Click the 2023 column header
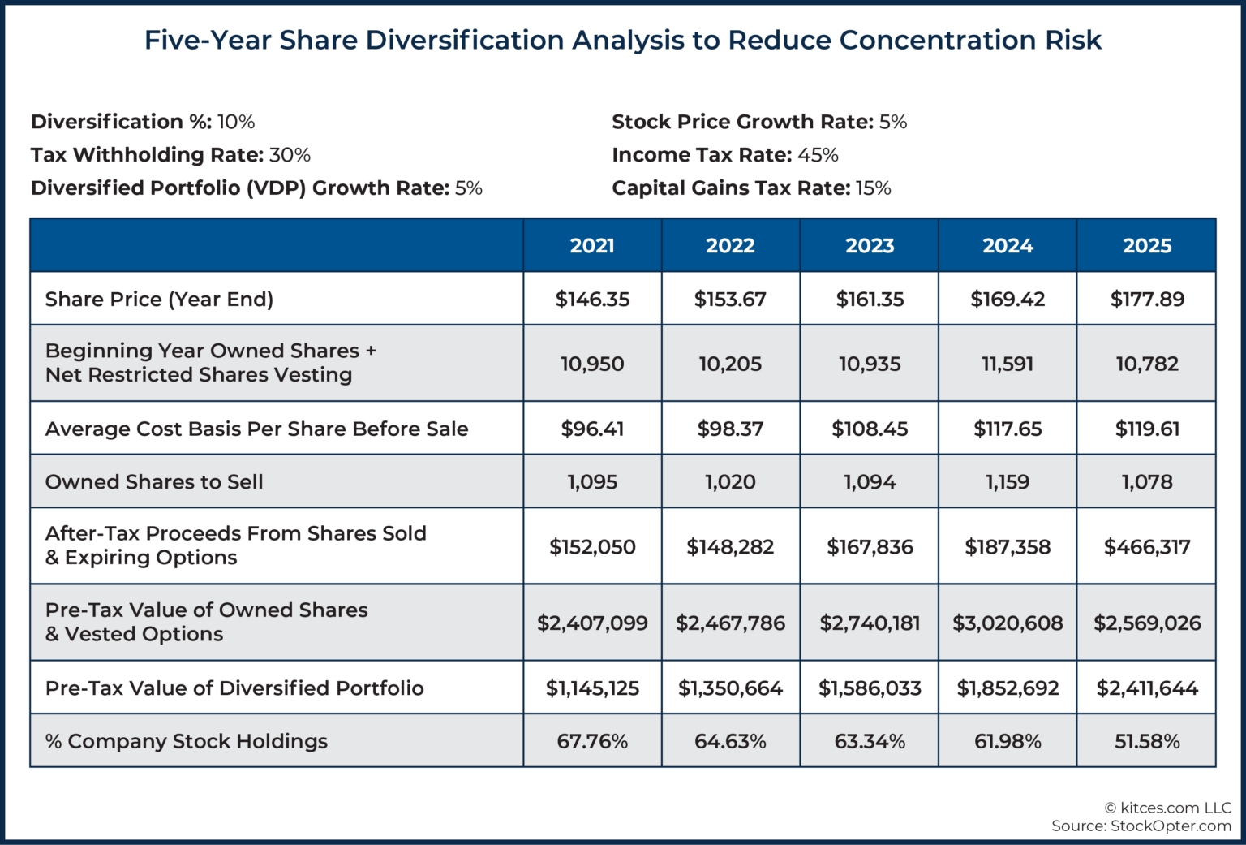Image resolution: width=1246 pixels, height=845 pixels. [870, 246]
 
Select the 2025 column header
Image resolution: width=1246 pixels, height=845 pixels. [1146, 246]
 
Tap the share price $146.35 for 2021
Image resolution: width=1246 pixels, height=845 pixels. [592, 300]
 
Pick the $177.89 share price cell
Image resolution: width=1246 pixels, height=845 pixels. [1146, 300]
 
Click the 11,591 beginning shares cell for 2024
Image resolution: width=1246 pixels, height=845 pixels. [1008, 364]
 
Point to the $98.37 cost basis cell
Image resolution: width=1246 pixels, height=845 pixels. [730, 429]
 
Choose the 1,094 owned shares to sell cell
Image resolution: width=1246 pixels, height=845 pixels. [870, 482]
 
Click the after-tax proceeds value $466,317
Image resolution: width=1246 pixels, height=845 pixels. [1146, 547]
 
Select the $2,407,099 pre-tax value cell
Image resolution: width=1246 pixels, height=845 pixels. [592, 623]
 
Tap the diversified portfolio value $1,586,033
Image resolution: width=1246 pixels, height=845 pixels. [870, 688]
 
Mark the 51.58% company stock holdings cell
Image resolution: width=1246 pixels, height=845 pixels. [1146, 741]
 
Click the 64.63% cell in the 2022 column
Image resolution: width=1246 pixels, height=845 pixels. [730, 741]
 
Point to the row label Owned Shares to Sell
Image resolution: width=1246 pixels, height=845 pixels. [154, 482]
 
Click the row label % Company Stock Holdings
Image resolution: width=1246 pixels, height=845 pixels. [187, 741]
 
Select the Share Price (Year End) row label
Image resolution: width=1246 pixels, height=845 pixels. [159, 300]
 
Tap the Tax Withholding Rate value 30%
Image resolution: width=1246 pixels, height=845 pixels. [290, 155]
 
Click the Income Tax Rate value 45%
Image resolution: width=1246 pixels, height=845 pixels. [818, 155]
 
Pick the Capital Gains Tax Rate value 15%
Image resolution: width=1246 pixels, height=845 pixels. [873, 188]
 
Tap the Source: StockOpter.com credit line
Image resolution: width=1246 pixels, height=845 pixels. [1141, 826]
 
